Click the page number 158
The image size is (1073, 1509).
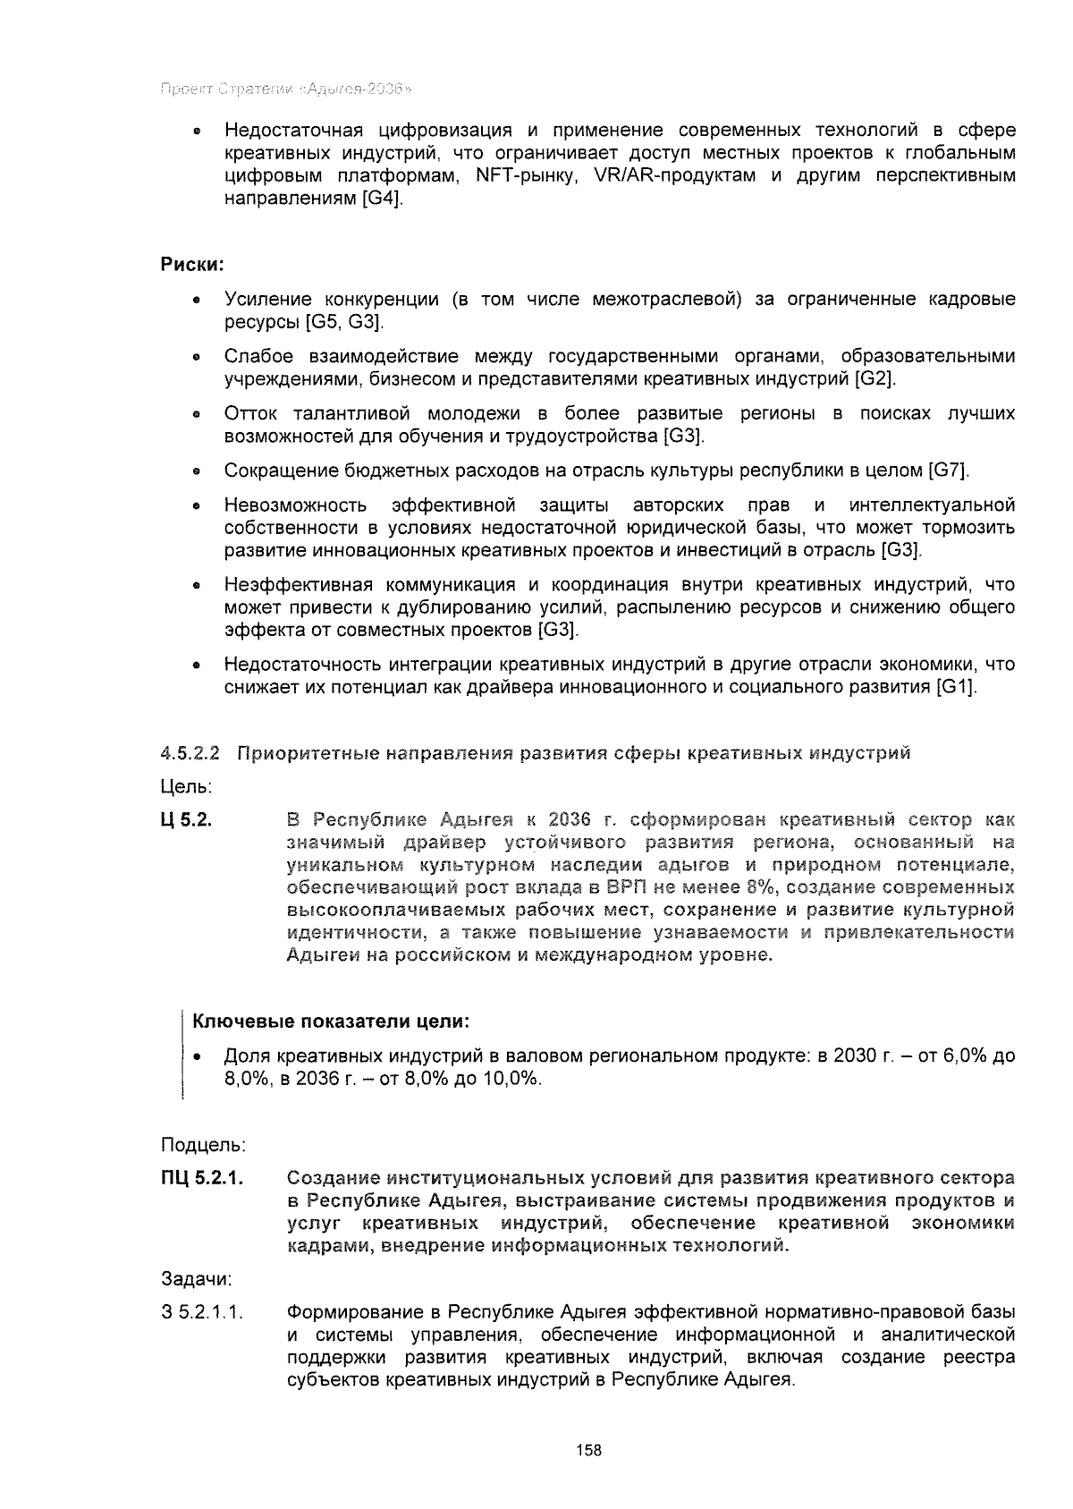588,1450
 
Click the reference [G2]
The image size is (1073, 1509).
874,379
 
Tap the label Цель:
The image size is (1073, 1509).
186,787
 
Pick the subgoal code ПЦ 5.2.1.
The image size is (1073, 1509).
203,1177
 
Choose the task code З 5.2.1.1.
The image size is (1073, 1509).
203,1312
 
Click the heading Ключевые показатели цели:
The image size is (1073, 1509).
332,1022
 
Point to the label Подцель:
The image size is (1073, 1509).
203,1145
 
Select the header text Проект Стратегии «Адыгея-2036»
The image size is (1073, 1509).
285,89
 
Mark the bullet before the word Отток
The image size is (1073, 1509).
194,415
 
